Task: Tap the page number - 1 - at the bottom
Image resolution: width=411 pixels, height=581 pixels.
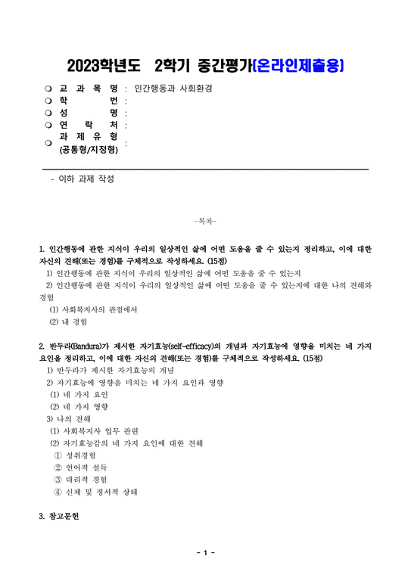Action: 205,553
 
